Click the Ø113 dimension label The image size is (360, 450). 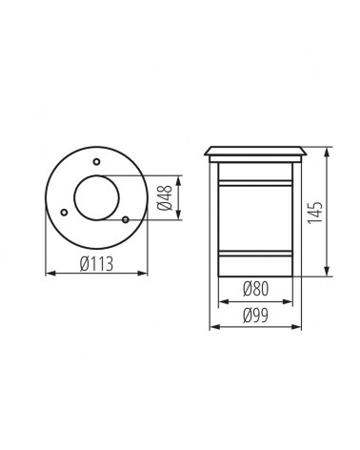[96, 264]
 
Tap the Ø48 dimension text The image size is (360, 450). [165, 197]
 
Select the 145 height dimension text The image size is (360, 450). [315, 213]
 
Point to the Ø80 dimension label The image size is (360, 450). [255, 289]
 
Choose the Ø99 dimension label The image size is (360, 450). [255, 316]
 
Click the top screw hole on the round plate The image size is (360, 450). [96, 161]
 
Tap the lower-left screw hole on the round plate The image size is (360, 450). [64, 212]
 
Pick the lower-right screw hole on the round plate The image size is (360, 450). [126, 219]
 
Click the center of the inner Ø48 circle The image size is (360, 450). [96, 197]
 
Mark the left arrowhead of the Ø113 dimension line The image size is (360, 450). [50, 273]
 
